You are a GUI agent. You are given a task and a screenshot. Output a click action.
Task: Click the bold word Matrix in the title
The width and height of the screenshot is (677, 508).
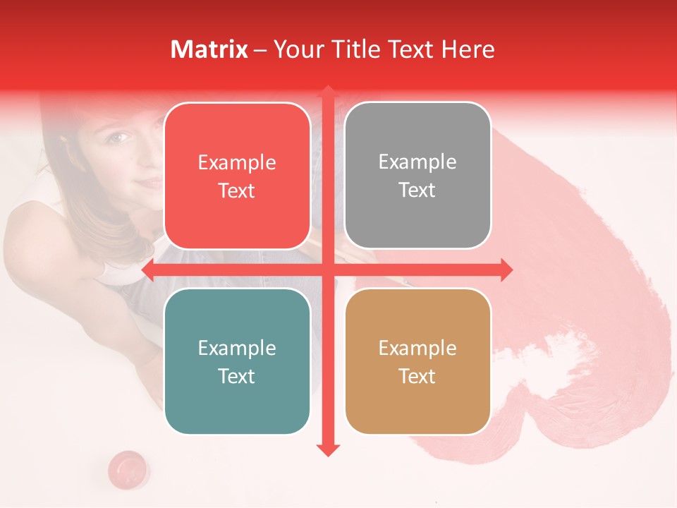coord(209,49)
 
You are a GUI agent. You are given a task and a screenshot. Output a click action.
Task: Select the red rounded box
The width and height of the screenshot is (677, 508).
coord(237,176)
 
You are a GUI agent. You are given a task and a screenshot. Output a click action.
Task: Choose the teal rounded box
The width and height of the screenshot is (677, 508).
coord(237,361)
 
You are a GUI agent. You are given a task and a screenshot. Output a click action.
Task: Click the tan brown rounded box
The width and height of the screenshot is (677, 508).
coord(417,361)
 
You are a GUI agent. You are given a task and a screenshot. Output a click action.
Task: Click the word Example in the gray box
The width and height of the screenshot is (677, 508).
coord(417,162)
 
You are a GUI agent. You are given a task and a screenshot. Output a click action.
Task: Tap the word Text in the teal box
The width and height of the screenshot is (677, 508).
coord(237,376)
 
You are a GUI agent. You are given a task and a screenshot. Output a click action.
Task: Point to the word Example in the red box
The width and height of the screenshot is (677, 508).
coord(237,162)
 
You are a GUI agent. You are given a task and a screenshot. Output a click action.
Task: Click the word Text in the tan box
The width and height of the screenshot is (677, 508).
coord(417,376)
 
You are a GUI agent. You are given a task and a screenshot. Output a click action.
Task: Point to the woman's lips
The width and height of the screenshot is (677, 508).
coord(149,183)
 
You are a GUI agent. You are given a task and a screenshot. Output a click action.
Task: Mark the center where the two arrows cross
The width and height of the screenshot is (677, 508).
coord(327,270)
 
